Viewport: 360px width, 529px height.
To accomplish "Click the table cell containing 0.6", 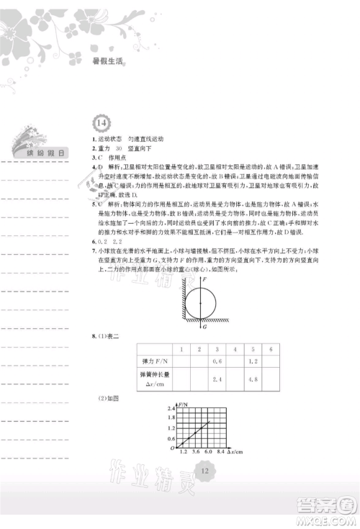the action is click(216, 361).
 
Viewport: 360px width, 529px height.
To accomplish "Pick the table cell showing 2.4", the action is click(216, 378).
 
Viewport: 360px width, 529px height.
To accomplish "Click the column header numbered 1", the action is click(181, 348).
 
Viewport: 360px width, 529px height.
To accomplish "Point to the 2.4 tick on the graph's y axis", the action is click(171, 409).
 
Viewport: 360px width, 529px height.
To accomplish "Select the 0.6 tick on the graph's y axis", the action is click(171, 437).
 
